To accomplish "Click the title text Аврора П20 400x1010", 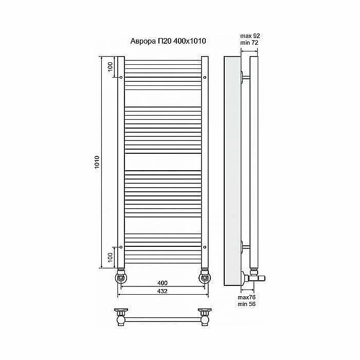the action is pyautogui.click(x=168, y=41).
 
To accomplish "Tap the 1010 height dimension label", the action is pyautogui.click(x=97, y=162).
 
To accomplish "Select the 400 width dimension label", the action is pyautogui.click(x=163, y=283).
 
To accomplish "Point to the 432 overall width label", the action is pyautogui.click(x=163, y=291).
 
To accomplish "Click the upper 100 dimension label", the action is pyautogui.click(x=111, y=66).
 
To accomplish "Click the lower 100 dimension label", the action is pyautogui.click(x=111, y=257).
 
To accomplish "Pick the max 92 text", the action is pyautogui.click(x=250, y=36).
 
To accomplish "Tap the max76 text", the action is pyautogui.click(x=246, y=297).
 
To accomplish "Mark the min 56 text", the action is pyautogui.click(x=246, y=304).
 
